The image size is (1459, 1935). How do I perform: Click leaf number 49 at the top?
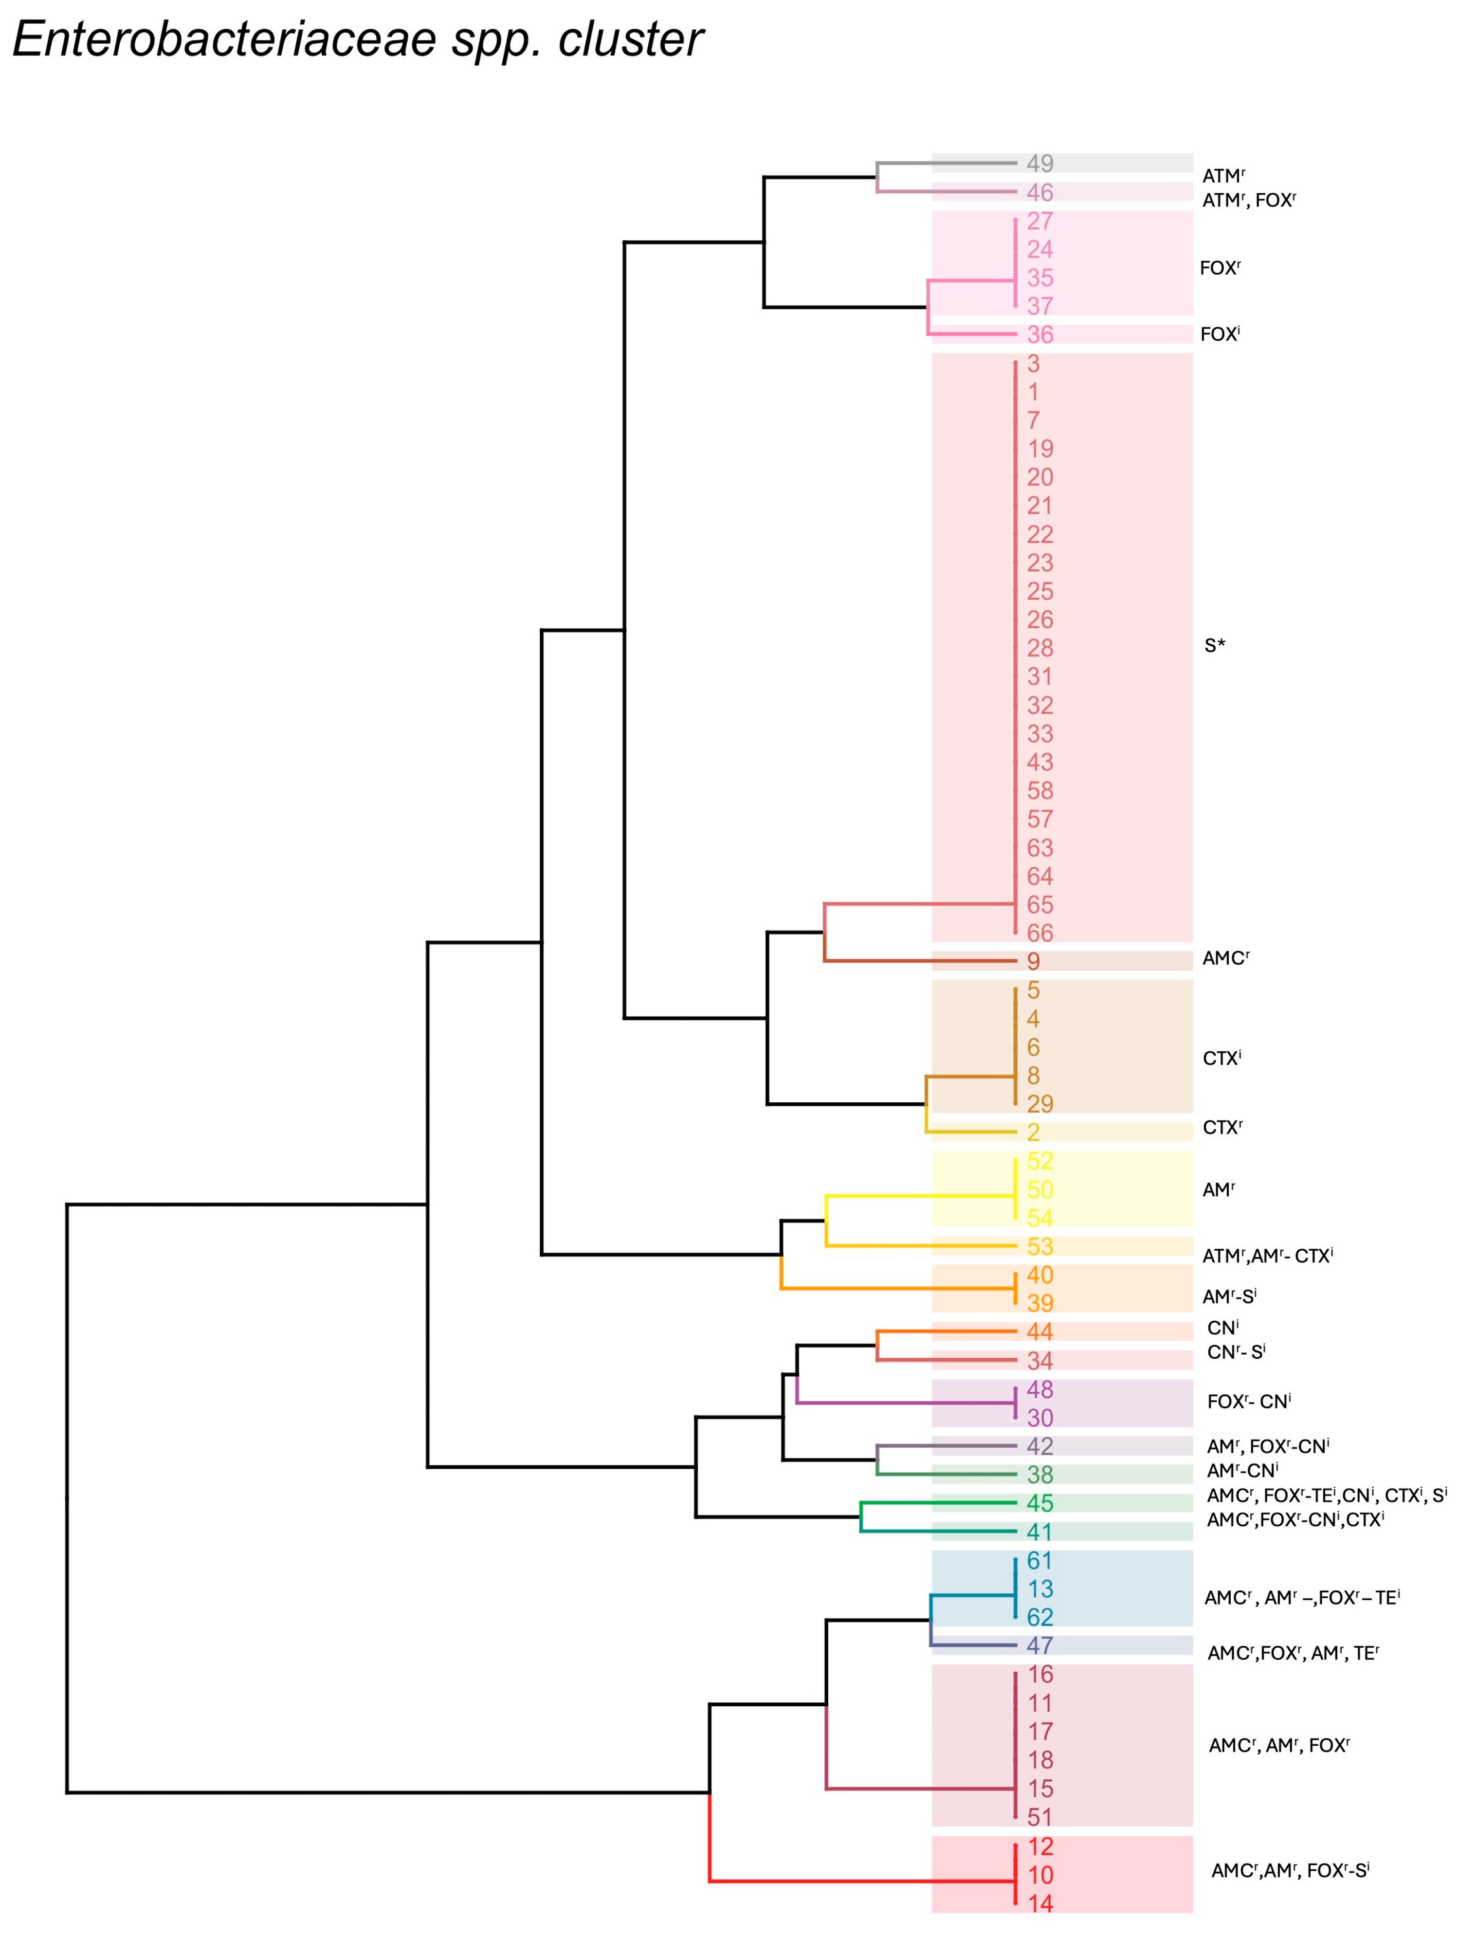tap(1039, 164)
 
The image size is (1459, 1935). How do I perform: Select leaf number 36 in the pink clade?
tap(1039, 334)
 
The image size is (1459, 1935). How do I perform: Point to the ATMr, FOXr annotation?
tap(1248, 201)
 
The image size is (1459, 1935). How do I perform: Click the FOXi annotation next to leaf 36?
tap(1220, 334)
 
